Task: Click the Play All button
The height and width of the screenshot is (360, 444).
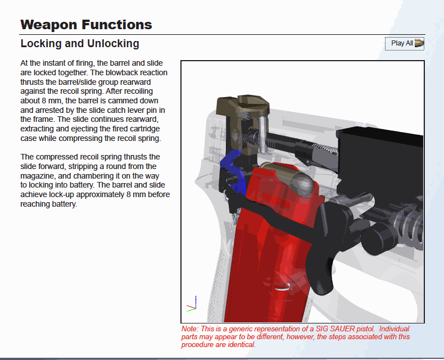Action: (404, 44)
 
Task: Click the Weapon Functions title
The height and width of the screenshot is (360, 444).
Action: (87, 25)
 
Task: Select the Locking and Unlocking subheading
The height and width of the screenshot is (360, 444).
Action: (80, 44)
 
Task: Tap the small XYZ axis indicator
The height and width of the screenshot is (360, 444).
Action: (192, 304)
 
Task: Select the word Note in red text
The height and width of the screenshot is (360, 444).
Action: (190, 329)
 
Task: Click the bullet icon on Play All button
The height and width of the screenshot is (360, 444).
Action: (419, 43)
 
